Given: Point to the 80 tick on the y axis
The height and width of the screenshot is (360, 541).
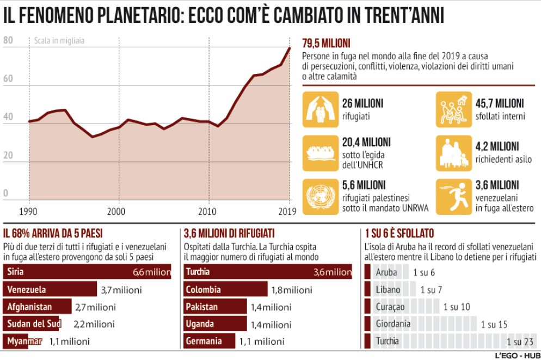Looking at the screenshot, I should click(x=8, y=40).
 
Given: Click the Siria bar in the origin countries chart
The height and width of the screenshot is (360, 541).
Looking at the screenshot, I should click(x=87, y=271).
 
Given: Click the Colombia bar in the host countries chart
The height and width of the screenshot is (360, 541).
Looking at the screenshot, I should click(x=226, y=289).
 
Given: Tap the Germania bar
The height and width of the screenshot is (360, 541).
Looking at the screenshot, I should click(x=210, y=342).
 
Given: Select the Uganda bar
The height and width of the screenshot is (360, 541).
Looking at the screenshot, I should click(x=214, y=324).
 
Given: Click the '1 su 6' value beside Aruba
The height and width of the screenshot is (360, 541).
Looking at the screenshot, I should click(x=424, y=272).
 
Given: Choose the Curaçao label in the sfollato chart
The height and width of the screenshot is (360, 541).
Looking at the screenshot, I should click(x=390, y=307).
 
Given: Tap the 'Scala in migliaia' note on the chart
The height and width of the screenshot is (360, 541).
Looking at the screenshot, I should click(x=59, y=41).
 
